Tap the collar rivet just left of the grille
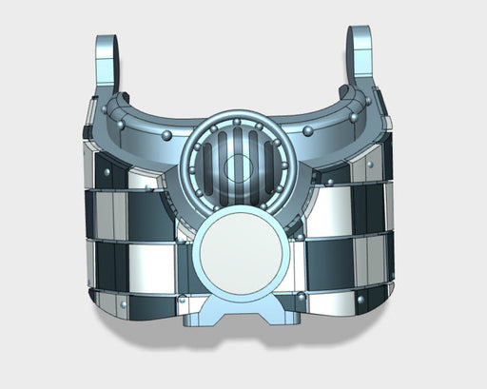167,136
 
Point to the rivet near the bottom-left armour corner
125,306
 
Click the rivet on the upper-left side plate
107,171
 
